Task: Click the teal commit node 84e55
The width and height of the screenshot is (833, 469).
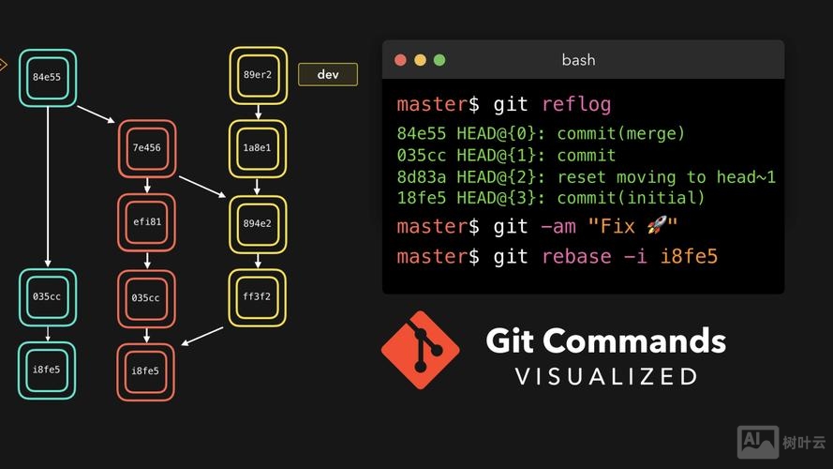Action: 46,78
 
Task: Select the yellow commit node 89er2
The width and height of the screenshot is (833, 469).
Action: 258,75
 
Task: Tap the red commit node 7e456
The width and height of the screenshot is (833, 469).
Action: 147,148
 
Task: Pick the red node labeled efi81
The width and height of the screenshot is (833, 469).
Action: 147,222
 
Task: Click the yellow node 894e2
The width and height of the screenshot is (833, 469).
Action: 258,223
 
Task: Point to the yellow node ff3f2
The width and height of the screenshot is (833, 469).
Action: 258,297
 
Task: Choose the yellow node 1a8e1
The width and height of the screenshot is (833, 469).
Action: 258,148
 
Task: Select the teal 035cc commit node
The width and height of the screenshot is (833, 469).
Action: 47,297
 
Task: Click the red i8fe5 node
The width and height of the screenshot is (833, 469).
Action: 145,371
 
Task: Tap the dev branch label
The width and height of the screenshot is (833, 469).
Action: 328,75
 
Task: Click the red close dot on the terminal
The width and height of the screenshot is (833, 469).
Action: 400,60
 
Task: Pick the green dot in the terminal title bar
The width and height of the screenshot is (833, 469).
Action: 439,60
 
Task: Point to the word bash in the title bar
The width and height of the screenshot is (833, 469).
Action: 578,60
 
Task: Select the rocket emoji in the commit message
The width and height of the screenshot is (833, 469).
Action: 659,226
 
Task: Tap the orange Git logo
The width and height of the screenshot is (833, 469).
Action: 420,350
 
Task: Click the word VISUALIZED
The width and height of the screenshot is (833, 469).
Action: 606,377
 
